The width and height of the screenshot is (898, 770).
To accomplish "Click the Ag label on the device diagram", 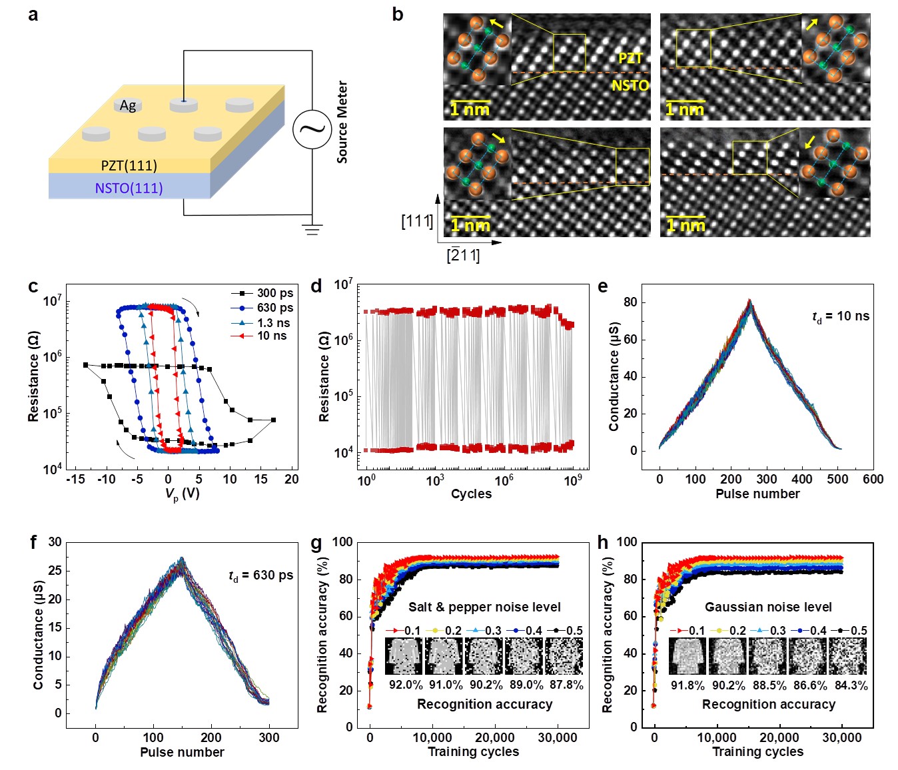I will coord(128,105).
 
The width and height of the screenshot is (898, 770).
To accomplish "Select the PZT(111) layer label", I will coord(129,165).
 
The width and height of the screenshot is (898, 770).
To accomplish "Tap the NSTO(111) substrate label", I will coord(129,188).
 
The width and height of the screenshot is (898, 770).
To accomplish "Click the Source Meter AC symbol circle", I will coord(312,129).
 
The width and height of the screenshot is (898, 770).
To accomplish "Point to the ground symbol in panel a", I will coord(312,229).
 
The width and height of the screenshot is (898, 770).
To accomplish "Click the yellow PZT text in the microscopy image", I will coord(630,59).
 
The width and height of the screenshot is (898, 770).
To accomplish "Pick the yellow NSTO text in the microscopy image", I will coord(630,85).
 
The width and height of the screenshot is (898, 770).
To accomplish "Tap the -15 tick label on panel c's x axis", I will coord(75,479).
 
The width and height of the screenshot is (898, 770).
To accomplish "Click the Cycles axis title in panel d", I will coord(471,494).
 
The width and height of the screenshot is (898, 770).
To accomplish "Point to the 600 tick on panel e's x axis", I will coord(873,479).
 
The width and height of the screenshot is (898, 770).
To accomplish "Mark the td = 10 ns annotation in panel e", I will coord(841,316).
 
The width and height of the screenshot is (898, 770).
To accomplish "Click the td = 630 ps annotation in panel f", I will coord(260,576).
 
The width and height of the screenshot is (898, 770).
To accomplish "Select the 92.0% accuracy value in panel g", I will coord(406,685).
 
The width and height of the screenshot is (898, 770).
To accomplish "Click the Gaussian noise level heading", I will coord(768,607).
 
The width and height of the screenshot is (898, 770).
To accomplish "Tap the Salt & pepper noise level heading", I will coord(484,607).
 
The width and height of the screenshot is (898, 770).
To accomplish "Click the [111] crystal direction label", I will coord(417,221).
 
